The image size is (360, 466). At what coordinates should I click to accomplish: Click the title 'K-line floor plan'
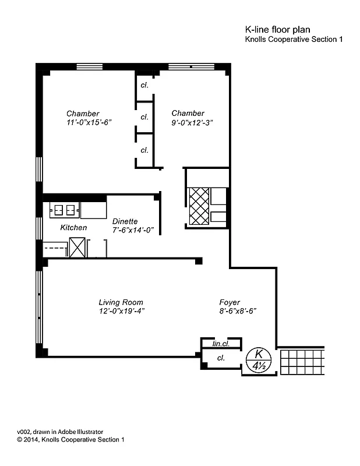pyautogui.click(x=278, y=29)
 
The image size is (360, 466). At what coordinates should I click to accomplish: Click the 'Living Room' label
pyautogui.click(x=121, y=302)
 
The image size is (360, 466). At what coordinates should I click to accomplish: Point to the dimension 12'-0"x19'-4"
pyautogui.click(x=121, y=311)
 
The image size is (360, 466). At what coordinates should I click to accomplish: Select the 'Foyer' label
pyautogui.click(x=230, y=302)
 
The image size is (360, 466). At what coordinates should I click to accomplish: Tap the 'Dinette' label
pyautogui.click(x=125, y=221)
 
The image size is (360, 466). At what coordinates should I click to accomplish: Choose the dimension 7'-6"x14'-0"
pyautogui.click(x=132, y=230)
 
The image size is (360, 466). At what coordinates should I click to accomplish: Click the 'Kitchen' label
pyautogui.click(x=73, y=228)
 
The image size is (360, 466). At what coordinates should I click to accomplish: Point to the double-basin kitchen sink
pyautogui.click(x=63, y=209)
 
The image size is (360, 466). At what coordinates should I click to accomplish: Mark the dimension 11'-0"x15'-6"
pyautogui.click(x=89, y=122)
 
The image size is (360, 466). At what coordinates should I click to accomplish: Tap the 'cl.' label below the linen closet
pyautogui.click(x=221, y=358)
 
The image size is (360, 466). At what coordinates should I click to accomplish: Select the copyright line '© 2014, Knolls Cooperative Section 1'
pyautogui.click(x=70, y=440)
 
